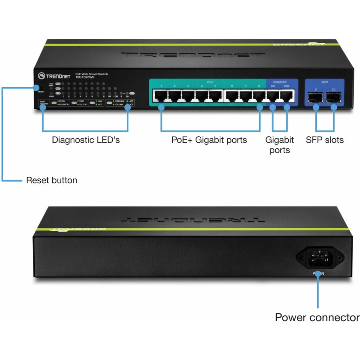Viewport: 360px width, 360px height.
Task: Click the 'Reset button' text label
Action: pos(52,180)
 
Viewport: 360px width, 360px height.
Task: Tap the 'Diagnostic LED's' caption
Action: pos(86,140)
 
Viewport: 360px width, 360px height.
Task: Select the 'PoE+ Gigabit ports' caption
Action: pos(209,140)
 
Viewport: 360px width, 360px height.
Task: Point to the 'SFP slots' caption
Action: pos(324,140)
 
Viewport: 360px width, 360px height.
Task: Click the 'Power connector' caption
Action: pos(317,318)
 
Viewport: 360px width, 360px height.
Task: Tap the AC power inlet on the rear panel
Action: pos(319,258)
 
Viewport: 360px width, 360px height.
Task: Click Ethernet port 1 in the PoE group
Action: pos(161,96)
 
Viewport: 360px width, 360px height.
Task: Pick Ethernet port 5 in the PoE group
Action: pos(216,96)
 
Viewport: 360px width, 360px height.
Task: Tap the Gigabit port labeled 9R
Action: pos(273,96)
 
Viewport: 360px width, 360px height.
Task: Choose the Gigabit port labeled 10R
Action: pos(287,96)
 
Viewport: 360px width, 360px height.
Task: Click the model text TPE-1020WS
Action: pos(85,78)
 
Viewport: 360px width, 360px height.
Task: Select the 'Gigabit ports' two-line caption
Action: pos(280,145)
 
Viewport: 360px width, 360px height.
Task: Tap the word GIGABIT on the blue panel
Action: pos(279,82)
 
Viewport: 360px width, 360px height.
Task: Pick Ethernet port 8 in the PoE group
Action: pos(259,96)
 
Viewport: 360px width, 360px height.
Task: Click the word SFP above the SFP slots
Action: pos(324,82)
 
